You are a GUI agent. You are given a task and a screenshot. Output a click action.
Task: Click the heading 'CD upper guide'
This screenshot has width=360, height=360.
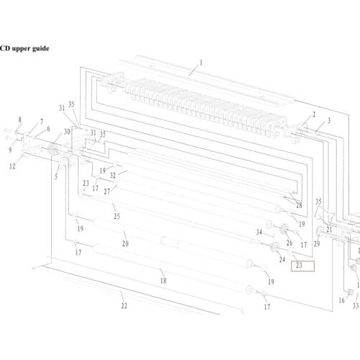coord(24,48)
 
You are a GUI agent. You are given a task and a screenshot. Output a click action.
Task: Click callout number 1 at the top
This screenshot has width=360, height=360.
coord(201,63)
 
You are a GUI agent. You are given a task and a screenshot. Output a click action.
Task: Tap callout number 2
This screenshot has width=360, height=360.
coord(314,114)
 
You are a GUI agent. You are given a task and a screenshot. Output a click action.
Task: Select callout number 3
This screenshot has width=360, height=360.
coord(329,120)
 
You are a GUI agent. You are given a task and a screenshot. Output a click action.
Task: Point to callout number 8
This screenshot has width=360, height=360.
coord(19,120)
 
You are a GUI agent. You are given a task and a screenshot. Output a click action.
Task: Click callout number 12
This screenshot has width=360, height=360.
coord(12,166)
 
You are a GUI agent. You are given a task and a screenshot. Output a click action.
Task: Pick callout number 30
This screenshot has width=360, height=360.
coord(67,132)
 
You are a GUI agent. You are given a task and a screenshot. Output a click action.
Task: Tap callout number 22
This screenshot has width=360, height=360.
coord(124,305)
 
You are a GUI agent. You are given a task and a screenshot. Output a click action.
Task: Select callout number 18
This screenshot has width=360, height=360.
coord(163,280)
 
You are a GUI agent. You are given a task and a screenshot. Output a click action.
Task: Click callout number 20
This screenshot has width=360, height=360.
coord(125,243)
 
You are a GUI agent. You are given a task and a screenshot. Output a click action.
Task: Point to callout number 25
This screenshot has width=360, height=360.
coord(117,216)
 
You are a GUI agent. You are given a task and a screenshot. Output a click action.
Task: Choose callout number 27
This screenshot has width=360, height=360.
coord(107,192)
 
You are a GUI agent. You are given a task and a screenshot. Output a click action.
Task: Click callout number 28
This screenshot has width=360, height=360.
coord(299,205)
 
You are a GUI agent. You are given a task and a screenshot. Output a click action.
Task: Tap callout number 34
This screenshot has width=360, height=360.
coord(259,232)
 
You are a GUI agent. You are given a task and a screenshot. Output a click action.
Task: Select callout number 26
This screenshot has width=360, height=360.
coord(289,243)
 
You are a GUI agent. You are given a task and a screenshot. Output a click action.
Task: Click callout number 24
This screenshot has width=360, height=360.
coord(282,259)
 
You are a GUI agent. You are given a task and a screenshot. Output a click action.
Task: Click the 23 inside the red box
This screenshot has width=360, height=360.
coord(299,266)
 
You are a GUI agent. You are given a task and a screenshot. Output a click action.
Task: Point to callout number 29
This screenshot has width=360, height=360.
coord(317,244)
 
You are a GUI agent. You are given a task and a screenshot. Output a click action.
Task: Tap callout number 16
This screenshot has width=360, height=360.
coord(341,300)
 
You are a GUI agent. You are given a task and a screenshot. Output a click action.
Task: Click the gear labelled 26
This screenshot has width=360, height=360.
coord(284,228)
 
